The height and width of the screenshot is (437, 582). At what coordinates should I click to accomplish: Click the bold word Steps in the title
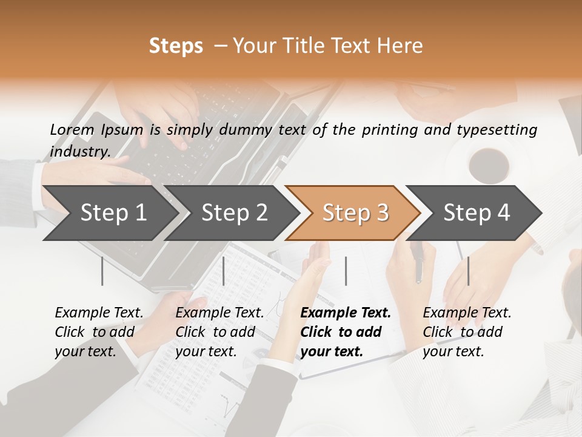tap(176, 46)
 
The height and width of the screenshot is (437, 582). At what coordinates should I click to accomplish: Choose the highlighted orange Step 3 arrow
tap(355, 212)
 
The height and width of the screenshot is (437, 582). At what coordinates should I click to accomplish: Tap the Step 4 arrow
tap(477, 212)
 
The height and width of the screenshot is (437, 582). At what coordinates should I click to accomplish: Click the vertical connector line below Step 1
tap(102, 271)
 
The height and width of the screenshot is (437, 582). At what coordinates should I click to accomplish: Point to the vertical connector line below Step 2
tap(224, 271)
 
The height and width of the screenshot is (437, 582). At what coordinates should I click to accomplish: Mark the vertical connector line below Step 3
tap(346, 271)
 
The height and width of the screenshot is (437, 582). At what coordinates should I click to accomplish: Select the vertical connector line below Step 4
tap(468, 271)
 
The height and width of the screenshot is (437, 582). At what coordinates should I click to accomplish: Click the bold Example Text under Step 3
tap(346, 313)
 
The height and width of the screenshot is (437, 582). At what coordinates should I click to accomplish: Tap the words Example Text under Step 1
tap(99, 313)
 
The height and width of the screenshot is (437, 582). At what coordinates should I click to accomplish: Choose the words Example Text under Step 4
tap(467, 313)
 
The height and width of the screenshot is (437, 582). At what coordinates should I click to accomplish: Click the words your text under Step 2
tap(206, 351)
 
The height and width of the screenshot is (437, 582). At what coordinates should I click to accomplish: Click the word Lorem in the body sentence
tap(72, 130)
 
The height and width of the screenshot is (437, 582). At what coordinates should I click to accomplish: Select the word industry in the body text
tap(79, 152)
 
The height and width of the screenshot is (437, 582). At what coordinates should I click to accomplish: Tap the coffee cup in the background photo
tap(489, 163)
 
